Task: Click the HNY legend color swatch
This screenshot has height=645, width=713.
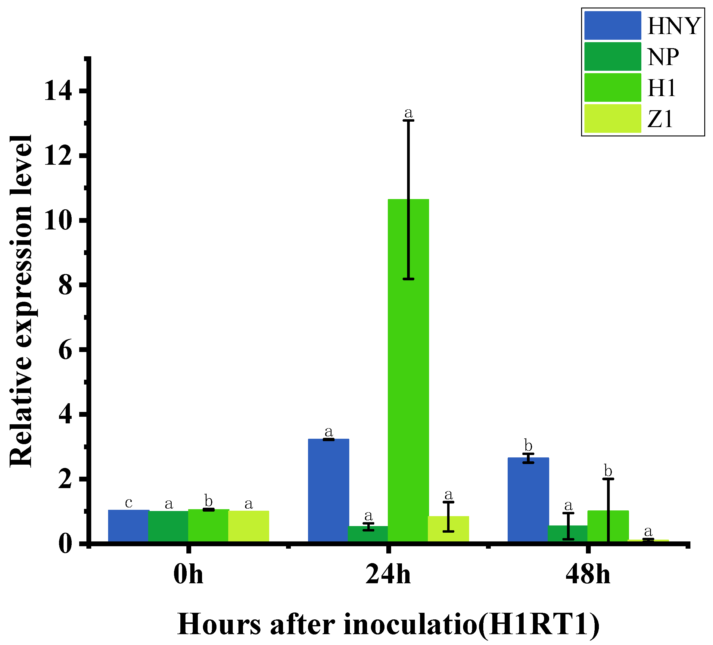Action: (x=612, y=26)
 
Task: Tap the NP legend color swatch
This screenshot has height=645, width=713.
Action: (x=612, y=57)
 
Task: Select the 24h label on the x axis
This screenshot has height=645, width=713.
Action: (x=388, y=575)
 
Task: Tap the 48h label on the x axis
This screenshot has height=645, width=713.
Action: (x=588, y=575)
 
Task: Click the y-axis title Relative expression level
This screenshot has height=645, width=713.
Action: (x=21, y=301)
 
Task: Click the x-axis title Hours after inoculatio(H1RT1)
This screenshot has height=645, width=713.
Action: (x=388, y=624)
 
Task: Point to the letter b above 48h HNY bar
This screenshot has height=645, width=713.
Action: (x=528, y=446)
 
